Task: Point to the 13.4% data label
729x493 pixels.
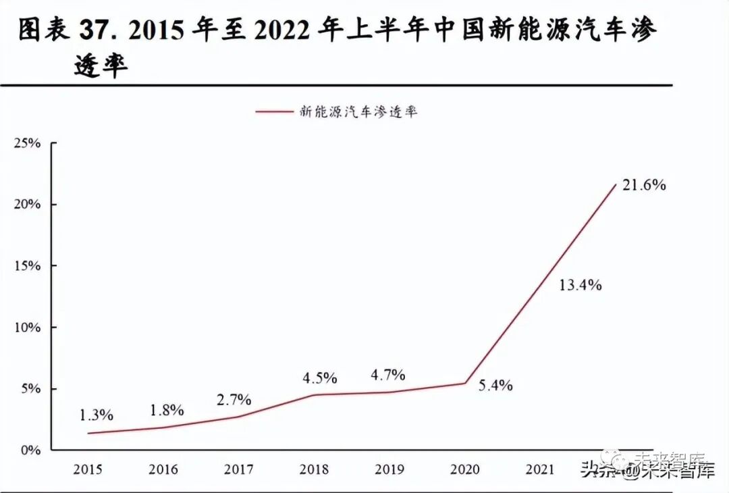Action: pos(580,285)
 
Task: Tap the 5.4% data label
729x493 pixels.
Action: pos(495,386)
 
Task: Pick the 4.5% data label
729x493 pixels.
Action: pos(319,377)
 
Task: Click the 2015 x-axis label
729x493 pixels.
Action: pos(88,469)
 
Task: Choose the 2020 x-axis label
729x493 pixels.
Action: pos(465,469)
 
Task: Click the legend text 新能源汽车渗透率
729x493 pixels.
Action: pos(358,111)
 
